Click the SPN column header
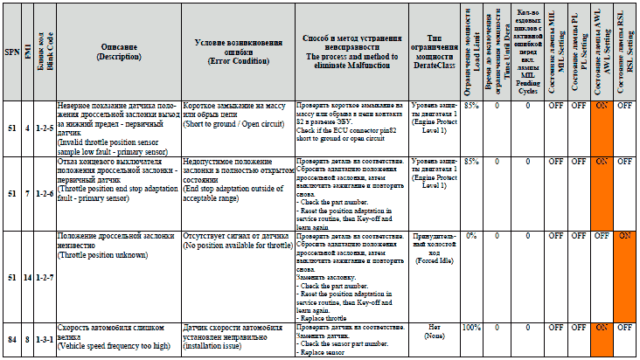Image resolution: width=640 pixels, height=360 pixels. point(10,52)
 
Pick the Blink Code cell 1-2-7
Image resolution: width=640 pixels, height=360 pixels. point(40,277)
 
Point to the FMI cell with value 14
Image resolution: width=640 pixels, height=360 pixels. point(27,277)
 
